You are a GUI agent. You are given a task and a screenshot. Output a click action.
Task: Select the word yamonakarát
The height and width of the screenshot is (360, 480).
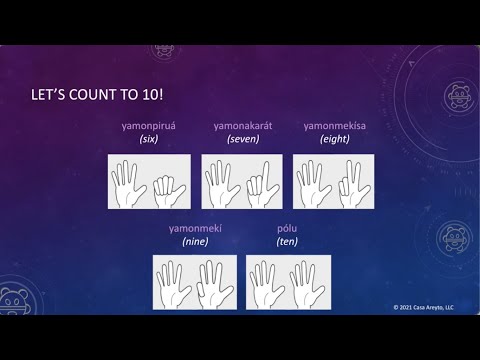[x=243, y=125]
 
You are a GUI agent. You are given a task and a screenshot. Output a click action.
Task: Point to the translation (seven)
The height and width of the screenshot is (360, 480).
[x=243, y=139]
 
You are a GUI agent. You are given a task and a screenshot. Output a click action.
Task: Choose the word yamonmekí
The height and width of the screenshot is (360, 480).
[x=195, y=228]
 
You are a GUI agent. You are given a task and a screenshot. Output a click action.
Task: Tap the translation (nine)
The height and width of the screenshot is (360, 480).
[x=195, y=242]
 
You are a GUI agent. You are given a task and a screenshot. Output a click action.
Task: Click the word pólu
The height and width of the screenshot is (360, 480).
[x=287, y=228]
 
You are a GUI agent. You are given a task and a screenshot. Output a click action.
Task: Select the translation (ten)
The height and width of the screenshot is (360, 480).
[x=287, y=242]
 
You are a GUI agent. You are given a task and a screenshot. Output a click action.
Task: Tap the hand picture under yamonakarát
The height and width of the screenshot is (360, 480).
[x=243, y=181]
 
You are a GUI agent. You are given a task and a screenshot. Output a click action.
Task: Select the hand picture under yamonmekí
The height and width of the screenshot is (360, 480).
[x=195, y=282]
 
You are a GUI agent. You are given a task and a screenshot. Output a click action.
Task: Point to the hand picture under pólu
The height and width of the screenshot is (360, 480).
[x=288, y=282]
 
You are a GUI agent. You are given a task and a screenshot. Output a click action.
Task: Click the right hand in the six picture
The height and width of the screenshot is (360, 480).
[x=168, y=187]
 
